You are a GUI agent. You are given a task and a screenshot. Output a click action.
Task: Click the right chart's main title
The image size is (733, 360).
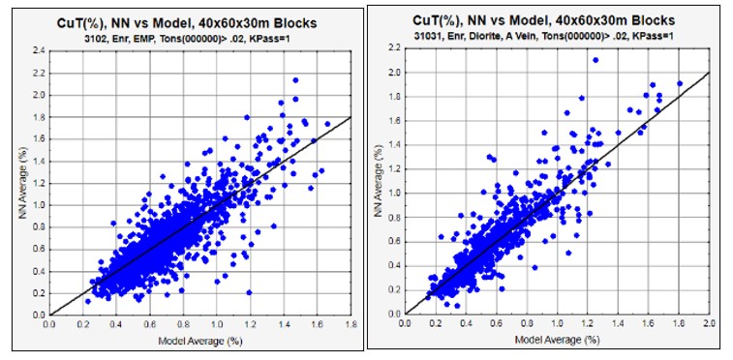click(x=543, y=21)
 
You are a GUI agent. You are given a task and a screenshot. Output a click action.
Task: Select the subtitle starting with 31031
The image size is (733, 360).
click(x=543, y=36)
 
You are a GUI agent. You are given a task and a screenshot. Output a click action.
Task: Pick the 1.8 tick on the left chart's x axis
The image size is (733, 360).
click(x=351, y=324)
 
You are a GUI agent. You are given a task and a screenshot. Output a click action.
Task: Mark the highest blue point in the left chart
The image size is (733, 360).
click(x=295, y=80)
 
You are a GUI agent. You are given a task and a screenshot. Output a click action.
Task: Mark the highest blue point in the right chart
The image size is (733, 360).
click(x=596, y=60)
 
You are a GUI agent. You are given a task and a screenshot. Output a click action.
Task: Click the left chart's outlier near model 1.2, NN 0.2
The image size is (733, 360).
click(x=249, y=292)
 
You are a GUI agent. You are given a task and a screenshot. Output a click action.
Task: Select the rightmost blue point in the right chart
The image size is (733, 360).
click(x=680, y=83)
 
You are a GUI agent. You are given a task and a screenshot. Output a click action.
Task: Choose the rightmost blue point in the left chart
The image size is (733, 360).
click(x=327, y=124)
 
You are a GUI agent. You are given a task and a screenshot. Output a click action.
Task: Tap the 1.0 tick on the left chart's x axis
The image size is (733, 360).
click(x=217, y=324)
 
